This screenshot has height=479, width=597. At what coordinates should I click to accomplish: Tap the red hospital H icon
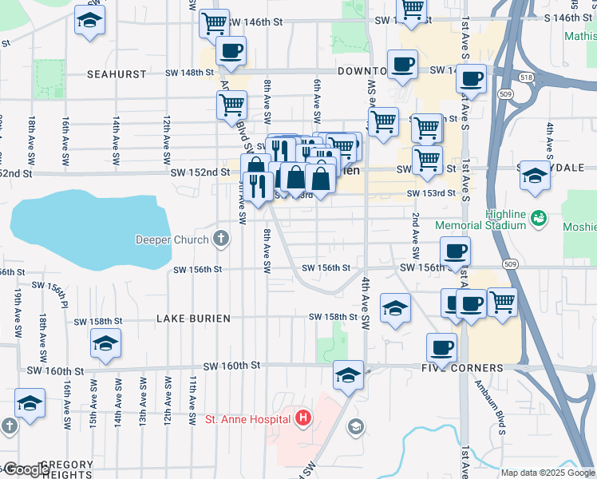coord(303,418)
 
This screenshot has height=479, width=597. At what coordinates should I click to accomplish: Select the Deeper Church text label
coord(172,239)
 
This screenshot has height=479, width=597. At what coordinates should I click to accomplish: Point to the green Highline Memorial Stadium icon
coord(540,217)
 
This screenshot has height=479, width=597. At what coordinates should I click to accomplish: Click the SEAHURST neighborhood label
coord(117,73)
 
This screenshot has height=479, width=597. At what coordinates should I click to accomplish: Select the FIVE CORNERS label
coord(461,368)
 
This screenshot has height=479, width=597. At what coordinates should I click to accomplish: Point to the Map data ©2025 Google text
coord(548,473)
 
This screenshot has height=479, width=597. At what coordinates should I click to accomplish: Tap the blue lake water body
coord(88,232)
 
